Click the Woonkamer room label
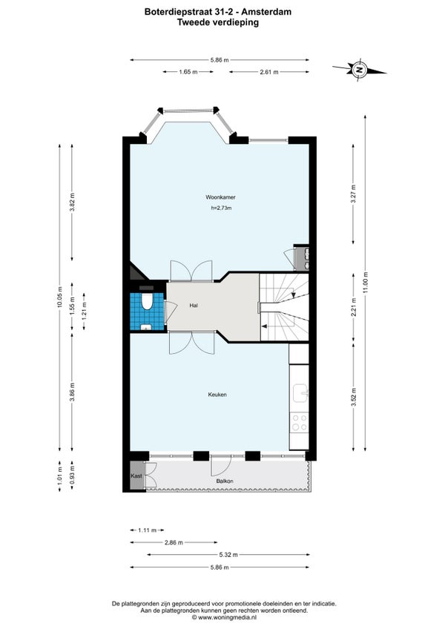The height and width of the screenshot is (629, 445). click(220, 197)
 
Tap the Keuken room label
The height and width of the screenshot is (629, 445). click(217, 395)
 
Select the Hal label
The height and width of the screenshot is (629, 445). click(194, 306)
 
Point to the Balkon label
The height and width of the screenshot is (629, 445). click(225, 481)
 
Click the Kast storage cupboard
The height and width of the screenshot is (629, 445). click(136, 475)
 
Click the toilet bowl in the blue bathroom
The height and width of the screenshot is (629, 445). click(148, 302)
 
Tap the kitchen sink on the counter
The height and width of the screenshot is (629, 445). click(300, 392)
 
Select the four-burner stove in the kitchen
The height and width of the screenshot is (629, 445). click(300, 422)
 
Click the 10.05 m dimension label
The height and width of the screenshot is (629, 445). click(60, 297)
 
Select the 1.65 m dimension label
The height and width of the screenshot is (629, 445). click(188, 72)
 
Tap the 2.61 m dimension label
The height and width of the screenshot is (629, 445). click(269, 72)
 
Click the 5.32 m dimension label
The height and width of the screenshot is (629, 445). click(228, 555)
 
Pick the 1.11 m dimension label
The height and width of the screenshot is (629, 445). click(148, 530)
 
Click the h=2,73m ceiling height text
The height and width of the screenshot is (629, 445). click(221, 208)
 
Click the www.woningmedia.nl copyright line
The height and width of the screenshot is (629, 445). click(224, 618)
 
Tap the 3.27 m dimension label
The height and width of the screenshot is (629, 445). click(353, 194)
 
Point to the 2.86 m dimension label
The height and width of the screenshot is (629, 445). click(174, 543)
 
